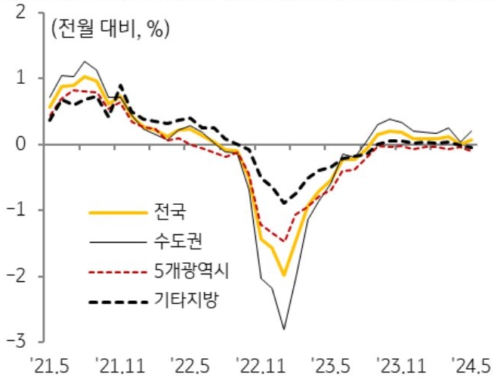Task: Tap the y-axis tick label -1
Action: coord(20,209)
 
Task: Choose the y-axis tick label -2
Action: coord(20,276)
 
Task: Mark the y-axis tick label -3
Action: coord(20,342)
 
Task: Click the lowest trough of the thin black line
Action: coord(284,329)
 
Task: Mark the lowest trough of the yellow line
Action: coord(284,275)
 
